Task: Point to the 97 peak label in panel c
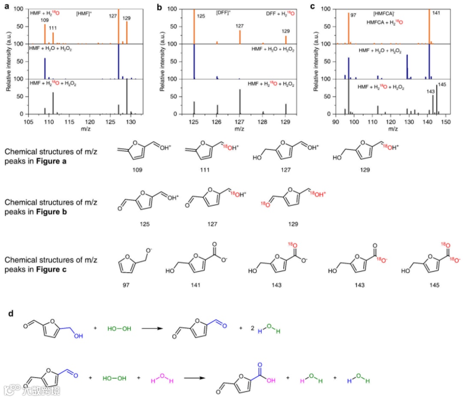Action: click(x=354, y=15)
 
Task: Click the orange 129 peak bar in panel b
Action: click(x=286, y=39)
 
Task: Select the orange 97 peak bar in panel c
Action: click(x=348, y=28)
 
